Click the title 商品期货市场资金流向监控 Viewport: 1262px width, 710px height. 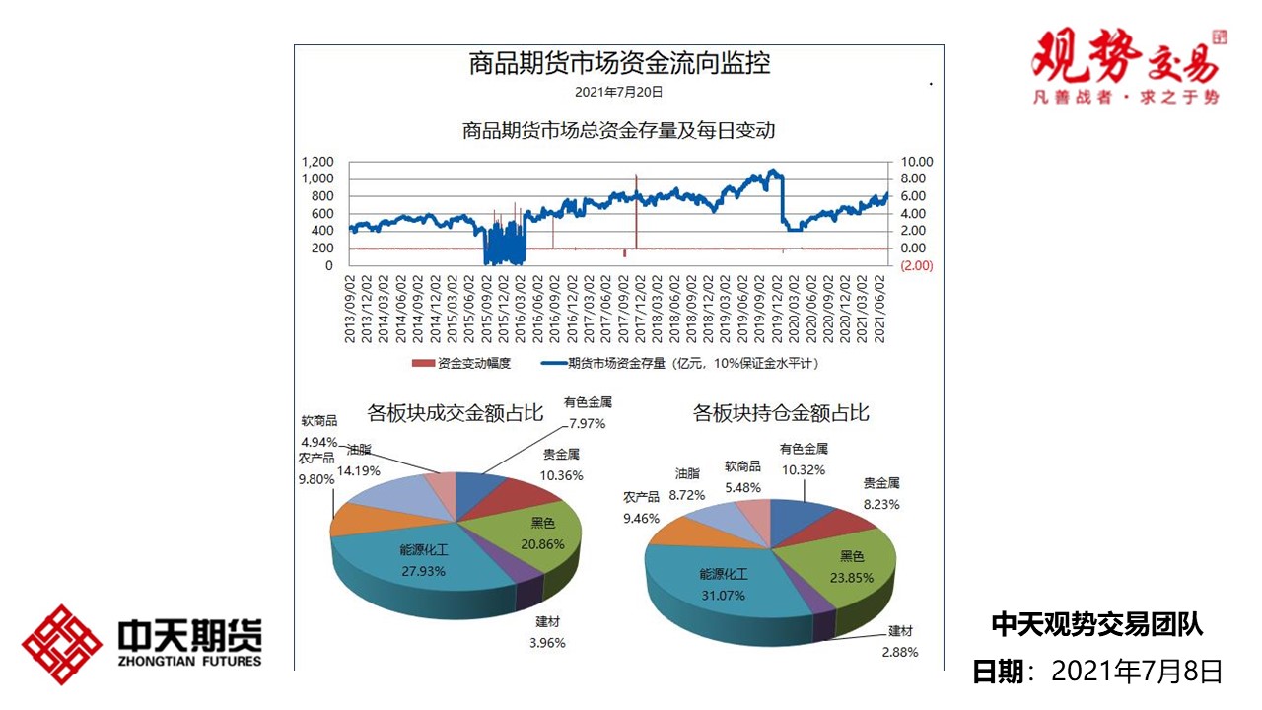(619, 64)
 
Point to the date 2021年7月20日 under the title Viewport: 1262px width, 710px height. (619, 92)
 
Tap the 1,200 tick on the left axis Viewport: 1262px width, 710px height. (316, 162)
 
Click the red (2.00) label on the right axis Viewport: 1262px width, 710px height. (916, 265)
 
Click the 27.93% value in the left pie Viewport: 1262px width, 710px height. (423, 571)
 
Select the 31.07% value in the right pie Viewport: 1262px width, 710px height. (724, 596)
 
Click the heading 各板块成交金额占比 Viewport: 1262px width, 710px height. (456, 412)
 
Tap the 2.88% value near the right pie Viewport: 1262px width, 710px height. (900, 652)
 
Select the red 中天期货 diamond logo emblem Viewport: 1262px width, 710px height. (61, 645)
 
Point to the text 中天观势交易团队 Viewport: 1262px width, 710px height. (1096, 624)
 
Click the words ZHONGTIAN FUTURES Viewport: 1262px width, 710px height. (189, 661)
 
